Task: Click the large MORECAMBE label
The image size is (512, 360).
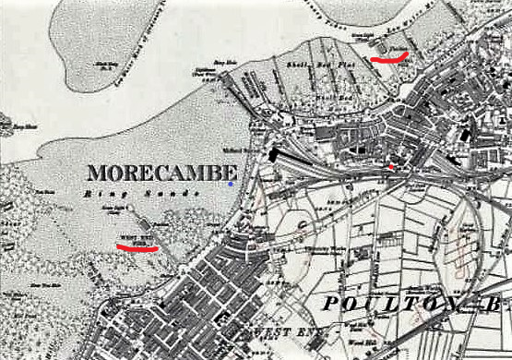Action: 161,173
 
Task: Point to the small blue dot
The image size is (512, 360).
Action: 231,185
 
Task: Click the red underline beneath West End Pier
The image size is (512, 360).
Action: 137,247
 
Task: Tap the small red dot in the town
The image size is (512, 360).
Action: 391,167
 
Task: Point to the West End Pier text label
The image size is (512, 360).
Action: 136,239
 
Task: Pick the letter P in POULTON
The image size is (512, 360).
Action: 332,306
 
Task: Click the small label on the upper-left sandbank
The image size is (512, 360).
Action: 107,64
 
